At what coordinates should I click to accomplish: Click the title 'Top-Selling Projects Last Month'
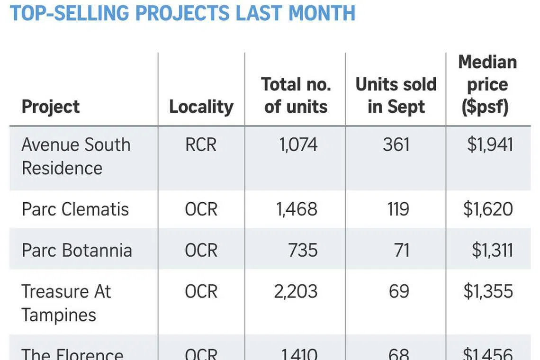click(182, 13)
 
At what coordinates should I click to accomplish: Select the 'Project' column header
click(51, 107)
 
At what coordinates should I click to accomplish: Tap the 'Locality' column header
click(201, 107)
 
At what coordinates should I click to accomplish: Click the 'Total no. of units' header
click(296, 95)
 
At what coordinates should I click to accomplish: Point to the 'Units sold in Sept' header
click(396, 95)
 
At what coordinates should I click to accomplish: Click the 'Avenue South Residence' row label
click(76, 156)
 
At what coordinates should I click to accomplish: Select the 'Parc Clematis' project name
click(75, 209)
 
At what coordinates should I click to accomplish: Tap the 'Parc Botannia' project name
click(77, 250)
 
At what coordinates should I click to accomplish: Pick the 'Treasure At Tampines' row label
click(66, 303)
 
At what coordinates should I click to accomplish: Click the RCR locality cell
click(201, 145)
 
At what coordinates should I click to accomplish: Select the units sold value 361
click(396, 145)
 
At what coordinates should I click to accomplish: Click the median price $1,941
click(490, 145)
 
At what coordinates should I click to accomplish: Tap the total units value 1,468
click(297, 209)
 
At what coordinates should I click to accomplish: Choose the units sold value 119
click(397, 209)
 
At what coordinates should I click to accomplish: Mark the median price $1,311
click(492, 250)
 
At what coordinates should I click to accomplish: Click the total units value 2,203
click(296, 291)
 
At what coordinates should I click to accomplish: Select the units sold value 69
click(399, 291)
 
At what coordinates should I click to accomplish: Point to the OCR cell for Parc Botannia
click(201, 250)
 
